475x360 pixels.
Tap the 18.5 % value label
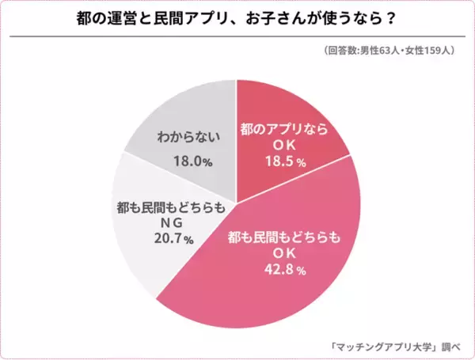(283, 161)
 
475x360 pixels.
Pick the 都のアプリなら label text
(283, 128)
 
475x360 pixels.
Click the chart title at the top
(237, 18)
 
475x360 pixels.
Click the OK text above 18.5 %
(283, 145)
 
